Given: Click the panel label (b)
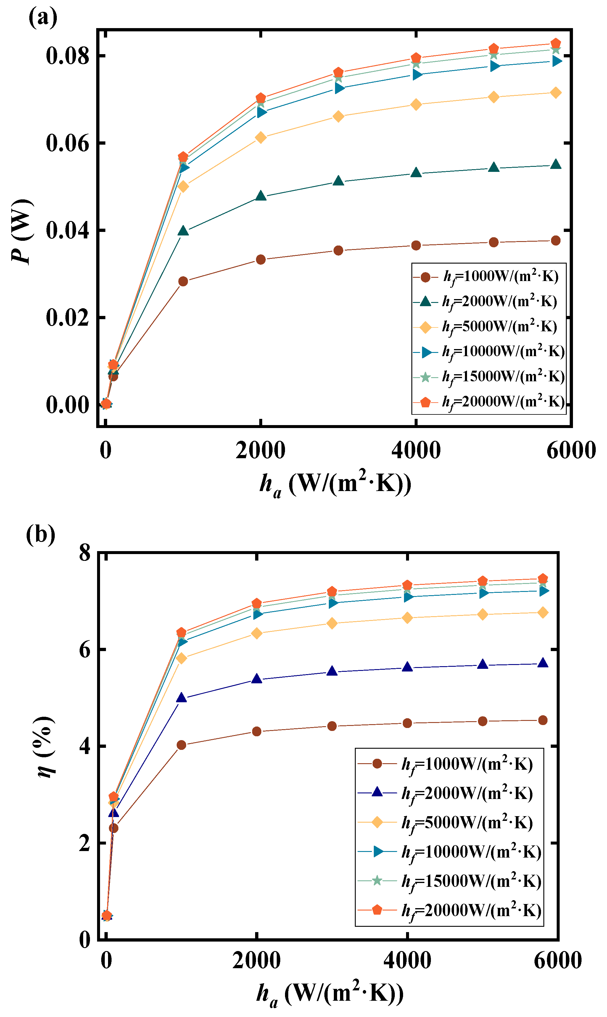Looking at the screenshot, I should click(x=41, y=534).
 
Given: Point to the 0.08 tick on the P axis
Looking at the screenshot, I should click(x=67, y=56).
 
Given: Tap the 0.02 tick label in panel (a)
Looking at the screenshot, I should click(x=67, y=318).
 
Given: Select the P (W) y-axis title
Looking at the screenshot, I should click(x=21, y=231).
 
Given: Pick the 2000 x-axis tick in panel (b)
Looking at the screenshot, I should click(x=257, y=960).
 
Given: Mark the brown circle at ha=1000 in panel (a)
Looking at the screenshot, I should click(x=183, y=281).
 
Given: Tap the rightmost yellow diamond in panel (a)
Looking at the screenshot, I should click(x=556, y=93).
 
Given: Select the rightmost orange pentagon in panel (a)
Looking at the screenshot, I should click(x=556, y=44).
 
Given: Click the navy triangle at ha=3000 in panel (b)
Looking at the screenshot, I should click(x=332, y=671).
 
